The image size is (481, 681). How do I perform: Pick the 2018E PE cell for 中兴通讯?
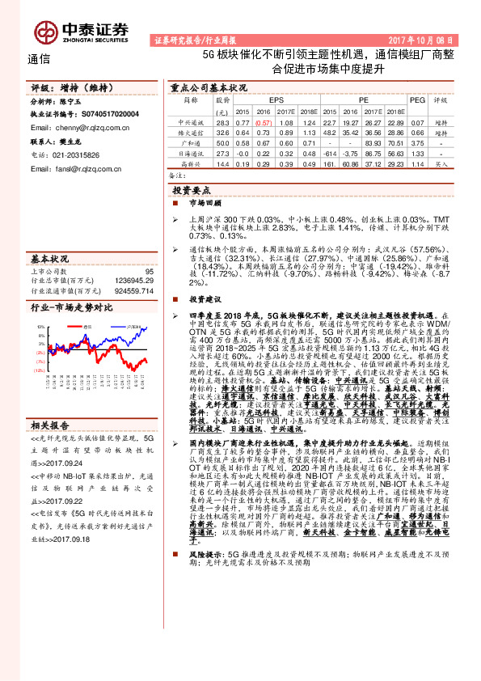395,121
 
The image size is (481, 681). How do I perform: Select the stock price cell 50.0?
222,142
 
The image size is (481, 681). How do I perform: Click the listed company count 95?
148,272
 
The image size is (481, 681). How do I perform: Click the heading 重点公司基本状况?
208,87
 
